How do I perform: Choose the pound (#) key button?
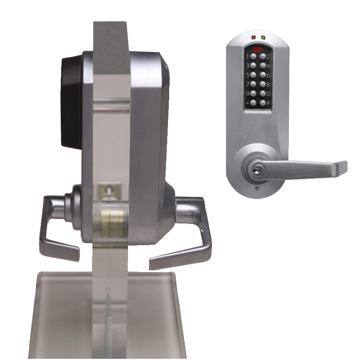263,103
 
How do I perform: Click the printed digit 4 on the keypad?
268,66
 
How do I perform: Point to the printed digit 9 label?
248,94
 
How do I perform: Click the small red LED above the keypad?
253,38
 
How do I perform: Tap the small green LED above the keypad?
263,38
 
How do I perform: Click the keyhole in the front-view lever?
255,171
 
